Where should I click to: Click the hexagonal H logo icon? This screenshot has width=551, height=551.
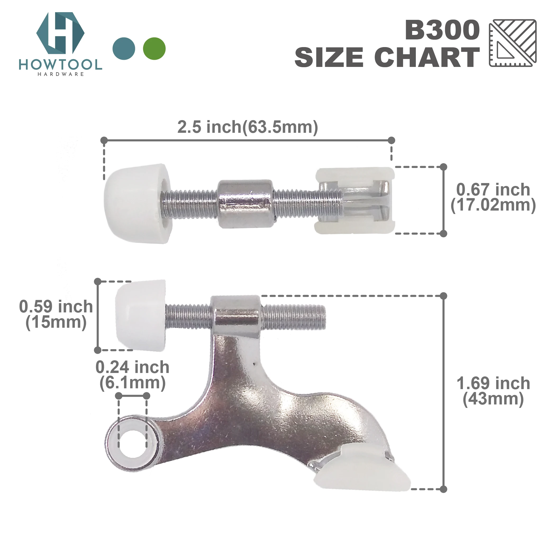pos(60,33)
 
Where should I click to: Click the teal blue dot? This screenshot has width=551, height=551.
pos(124,48)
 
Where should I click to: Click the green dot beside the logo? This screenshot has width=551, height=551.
pos(154,48)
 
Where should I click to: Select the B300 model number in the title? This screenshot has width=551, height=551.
pos(442,30)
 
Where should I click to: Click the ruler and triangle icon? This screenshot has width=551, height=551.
pos(512,43)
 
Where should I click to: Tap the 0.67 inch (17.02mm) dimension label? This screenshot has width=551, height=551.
pos(493,197)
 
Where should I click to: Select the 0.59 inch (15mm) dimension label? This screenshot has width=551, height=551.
pos(56,314)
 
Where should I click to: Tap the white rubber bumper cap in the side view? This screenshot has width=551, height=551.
pos(140,315)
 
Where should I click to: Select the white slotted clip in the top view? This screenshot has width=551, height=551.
pos(354,201)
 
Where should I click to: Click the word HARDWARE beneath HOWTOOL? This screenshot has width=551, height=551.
pos(61,74)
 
